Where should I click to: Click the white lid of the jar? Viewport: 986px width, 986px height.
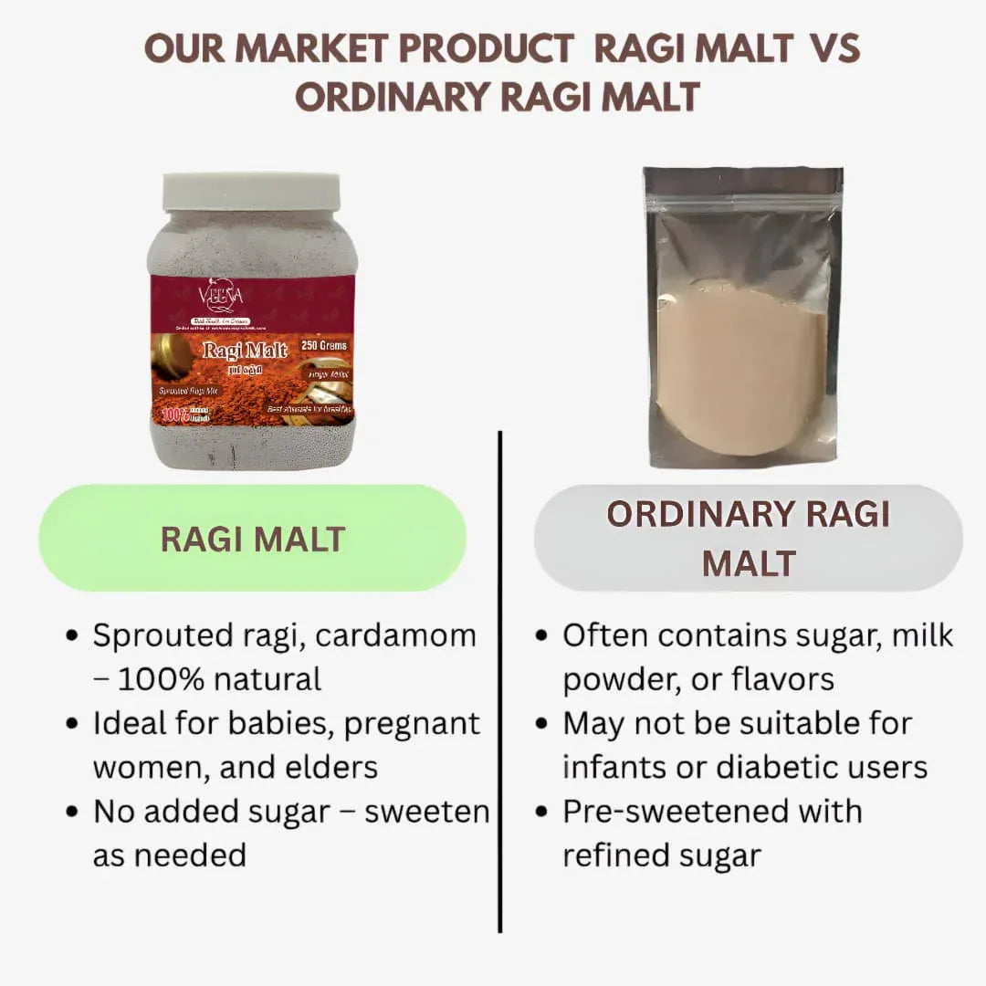(251, 192)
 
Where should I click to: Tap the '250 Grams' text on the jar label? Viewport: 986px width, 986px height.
(325, 346)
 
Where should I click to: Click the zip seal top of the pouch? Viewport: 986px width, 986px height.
(742, 182)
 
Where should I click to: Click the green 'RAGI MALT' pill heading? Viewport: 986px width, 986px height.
(253, 539)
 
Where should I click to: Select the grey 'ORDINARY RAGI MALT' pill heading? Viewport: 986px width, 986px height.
(748, 539)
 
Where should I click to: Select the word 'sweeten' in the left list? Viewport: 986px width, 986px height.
(426, 812)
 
